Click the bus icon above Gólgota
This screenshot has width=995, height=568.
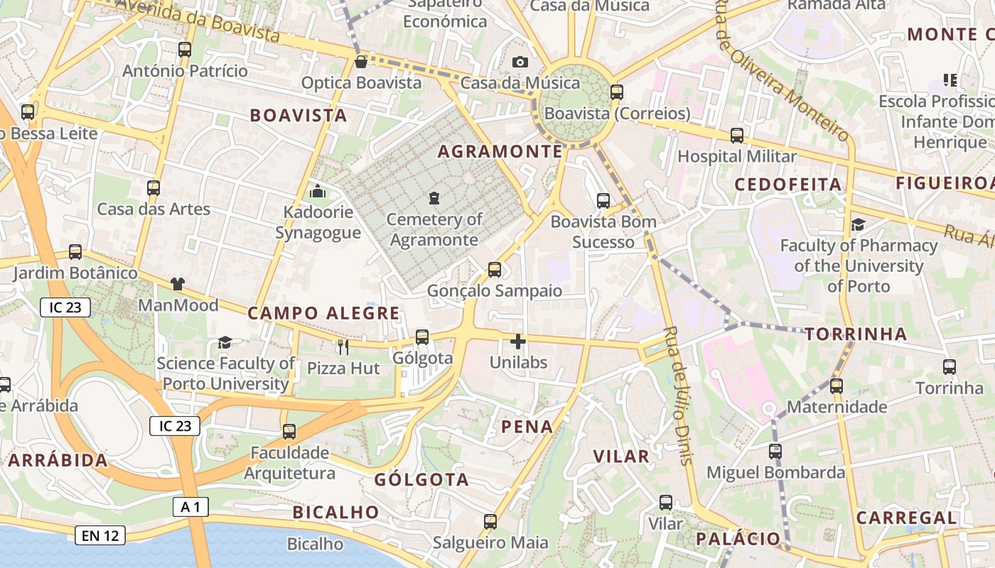click(422, 337)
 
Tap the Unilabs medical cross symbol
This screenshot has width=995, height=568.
click(518, 342)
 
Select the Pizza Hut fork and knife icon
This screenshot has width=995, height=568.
click(343, 346)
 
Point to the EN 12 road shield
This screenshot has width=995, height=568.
click(100, 535)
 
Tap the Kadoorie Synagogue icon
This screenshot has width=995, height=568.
click(318, 191)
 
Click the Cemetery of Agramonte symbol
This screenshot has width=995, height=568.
click(434, 198)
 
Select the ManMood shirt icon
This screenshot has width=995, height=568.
click(177, 284)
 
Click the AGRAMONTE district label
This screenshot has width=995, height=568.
click(500, 151)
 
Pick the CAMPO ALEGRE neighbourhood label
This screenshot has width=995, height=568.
click(323, 313)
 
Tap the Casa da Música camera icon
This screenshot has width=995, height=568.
click(520, 62)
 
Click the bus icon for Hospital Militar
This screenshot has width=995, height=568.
click(737, 135)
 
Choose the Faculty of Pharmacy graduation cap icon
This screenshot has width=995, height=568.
click(858, 225)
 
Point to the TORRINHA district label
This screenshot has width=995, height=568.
click(856, 334)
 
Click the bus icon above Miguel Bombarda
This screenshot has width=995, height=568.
click(775, 451)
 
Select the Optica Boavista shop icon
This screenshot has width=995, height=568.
click(361, 62)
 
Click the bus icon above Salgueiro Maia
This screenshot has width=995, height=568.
click(490, 522)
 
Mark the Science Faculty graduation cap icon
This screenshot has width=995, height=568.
click(225, 342)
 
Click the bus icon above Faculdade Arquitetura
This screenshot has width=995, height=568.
click(289, 431)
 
